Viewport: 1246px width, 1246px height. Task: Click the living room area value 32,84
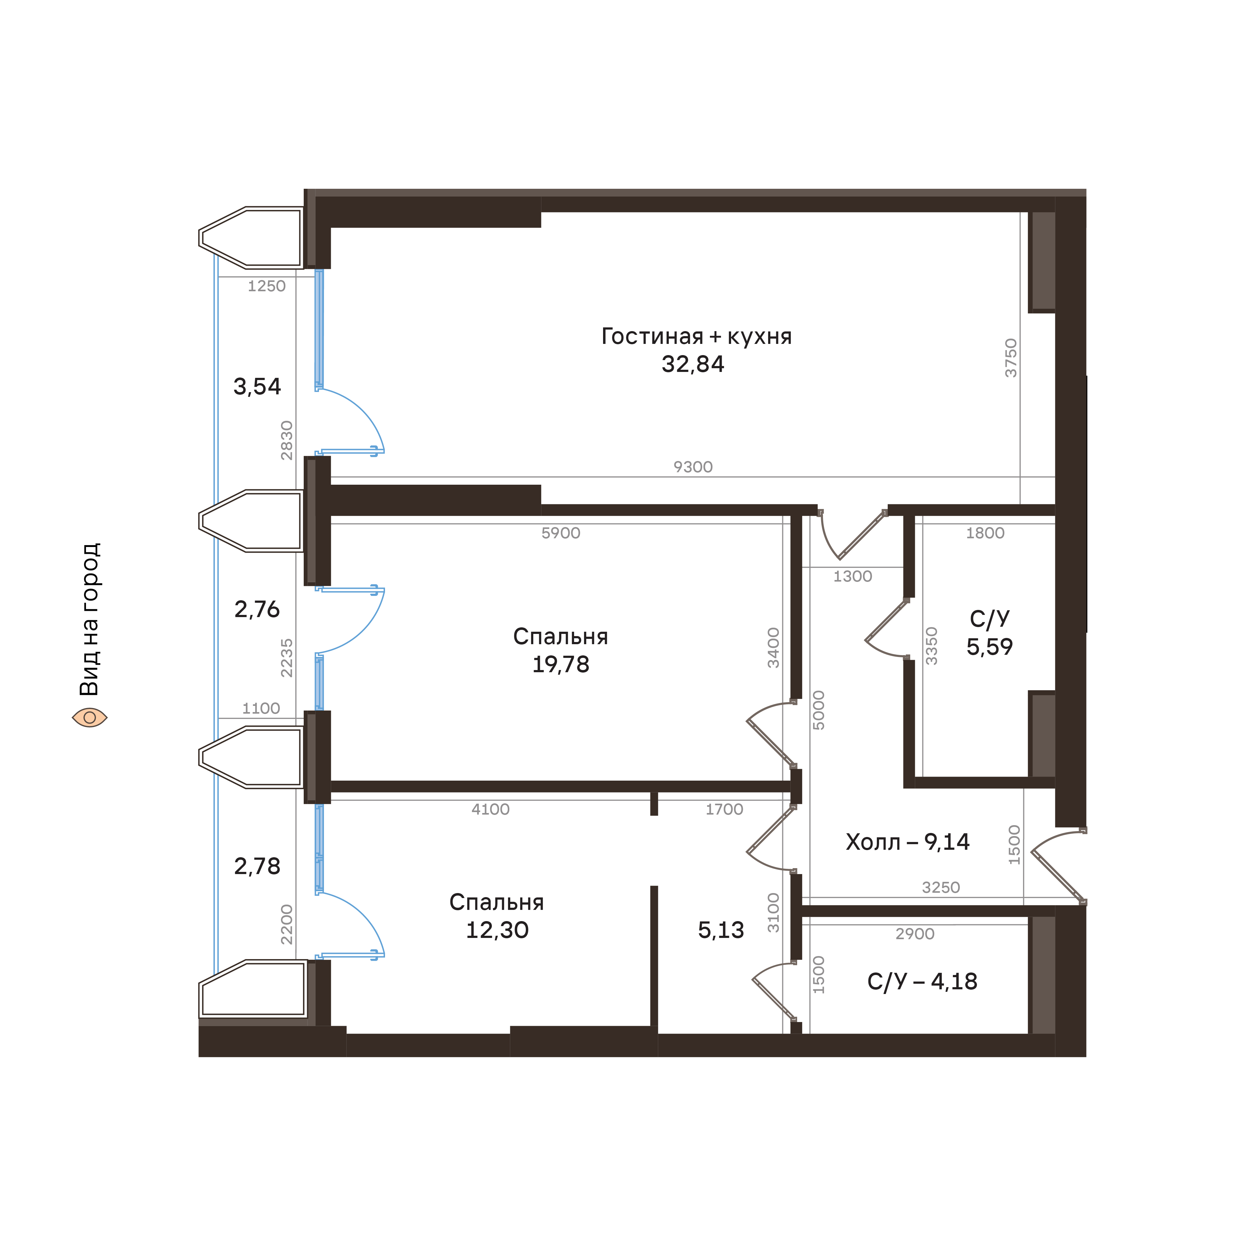[x=693, y=364]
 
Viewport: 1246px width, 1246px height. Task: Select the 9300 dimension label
[x=693, y=467]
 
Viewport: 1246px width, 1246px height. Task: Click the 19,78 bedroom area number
[x=560, y=664]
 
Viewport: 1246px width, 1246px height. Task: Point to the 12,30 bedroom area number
[x=497, y=930]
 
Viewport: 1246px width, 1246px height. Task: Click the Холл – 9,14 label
[x=907, y=842]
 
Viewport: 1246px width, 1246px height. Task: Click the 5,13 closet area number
[x=721, y=930]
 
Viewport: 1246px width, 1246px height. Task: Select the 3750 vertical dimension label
[x=1011, y=358]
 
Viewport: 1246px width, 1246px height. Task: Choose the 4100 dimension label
[x=490, y=809]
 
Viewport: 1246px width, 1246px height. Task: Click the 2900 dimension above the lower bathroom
[x=915, y=934]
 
